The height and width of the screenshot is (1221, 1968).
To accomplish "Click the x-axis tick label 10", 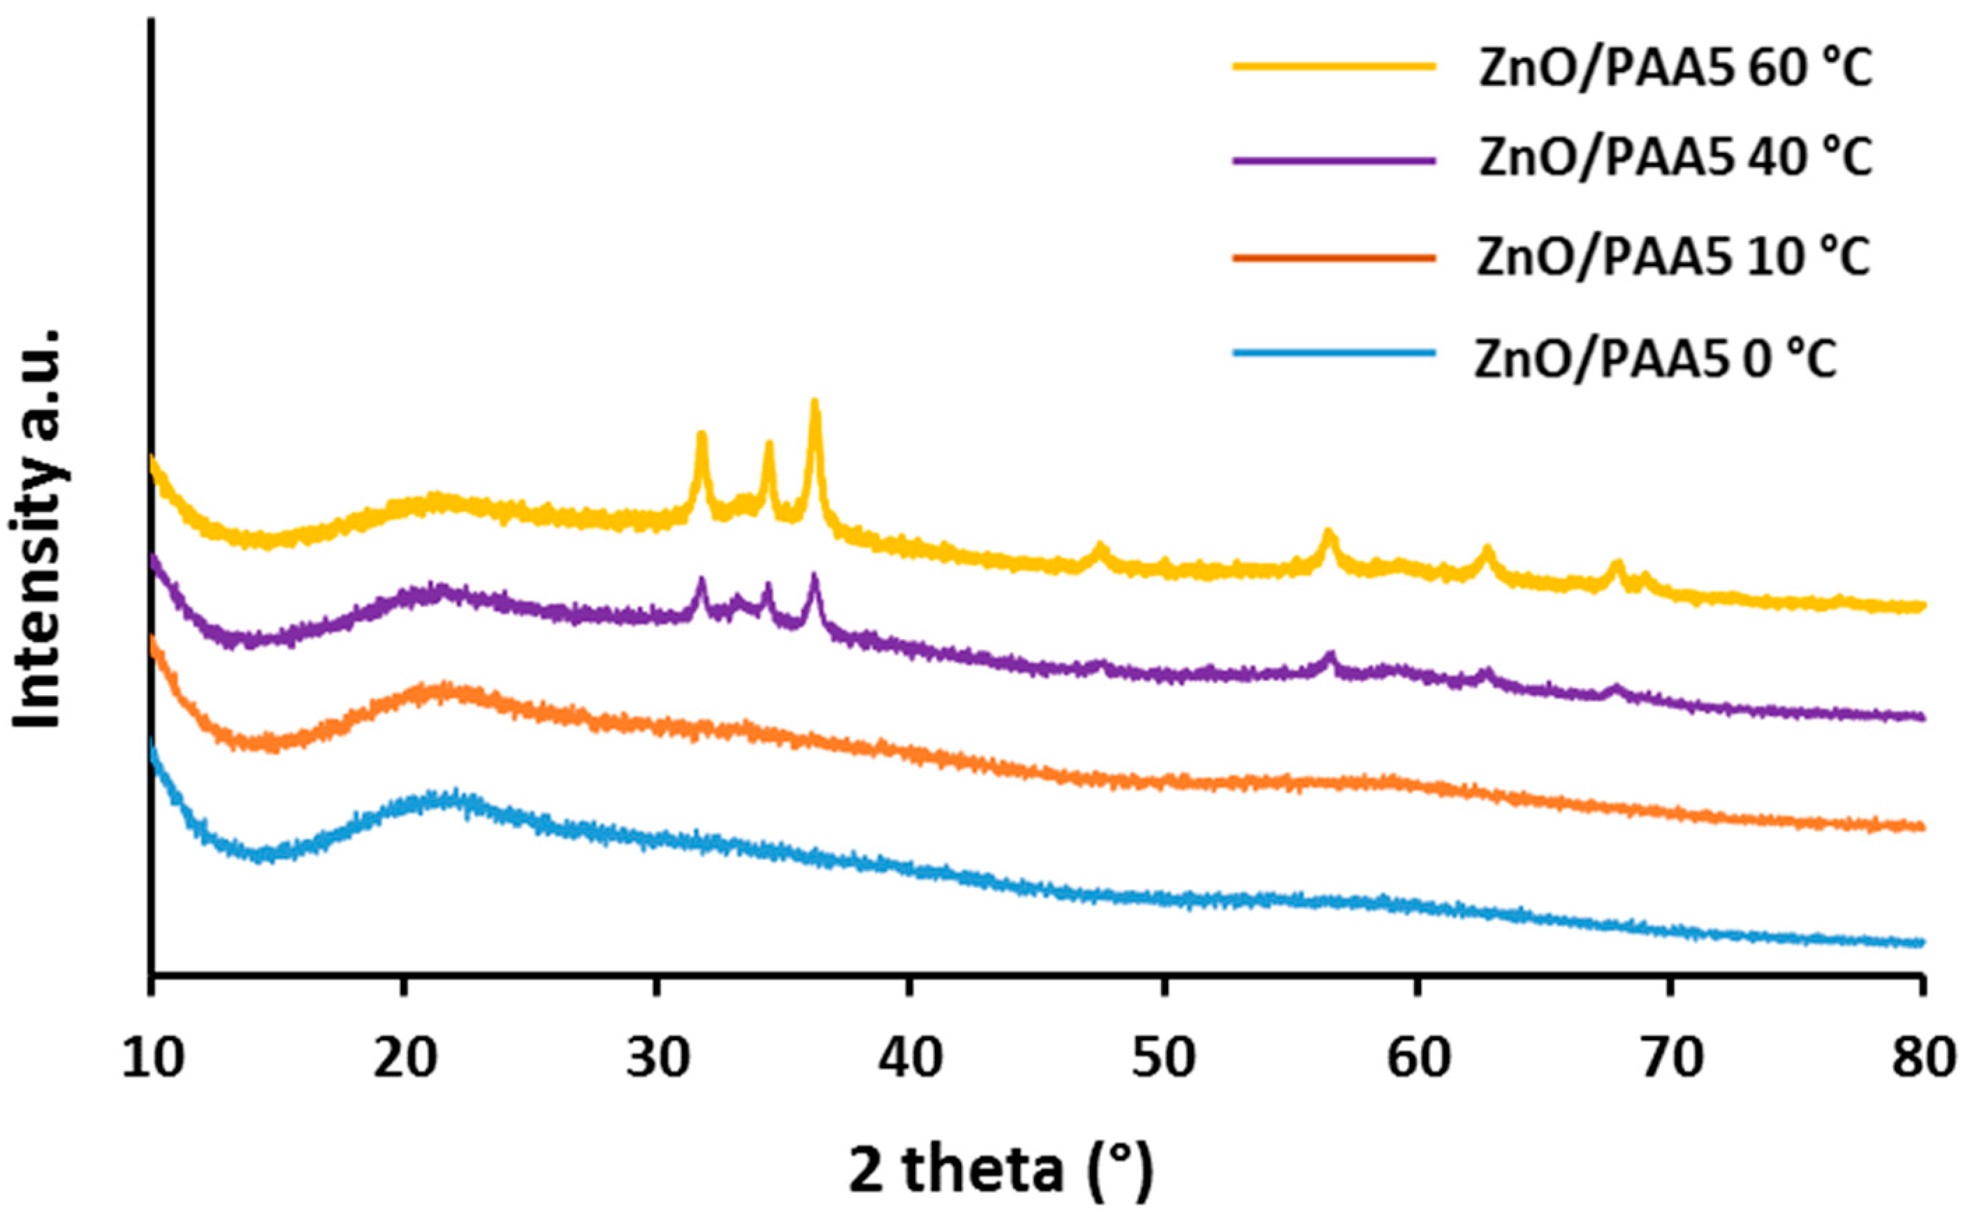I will (x=152, y=1059).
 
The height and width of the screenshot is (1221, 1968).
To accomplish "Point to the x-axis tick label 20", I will (x=405, y=1059).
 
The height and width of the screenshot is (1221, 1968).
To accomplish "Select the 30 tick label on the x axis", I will (x=657, y=1059).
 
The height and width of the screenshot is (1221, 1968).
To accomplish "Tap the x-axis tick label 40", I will (x=910, y=1059).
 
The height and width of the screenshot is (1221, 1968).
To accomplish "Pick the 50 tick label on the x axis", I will (x=1164, y=1059).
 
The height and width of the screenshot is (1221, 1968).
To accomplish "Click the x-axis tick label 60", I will (x=1417, y=1059).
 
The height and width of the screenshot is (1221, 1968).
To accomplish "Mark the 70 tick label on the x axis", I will (x=1670, y=1059).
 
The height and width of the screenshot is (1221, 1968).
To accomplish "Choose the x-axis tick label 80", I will (x=1923, y=1059).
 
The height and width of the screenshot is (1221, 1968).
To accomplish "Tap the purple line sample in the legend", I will (x=1334, y=159).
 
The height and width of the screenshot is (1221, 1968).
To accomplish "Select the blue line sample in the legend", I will (x=1334, y=352).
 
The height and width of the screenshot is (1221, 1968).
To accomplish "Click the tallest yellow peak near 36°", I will (x=815, y=404).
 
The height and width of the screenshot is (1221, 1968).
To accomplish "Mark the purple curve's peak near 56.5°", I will (x=1330, y=655).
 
